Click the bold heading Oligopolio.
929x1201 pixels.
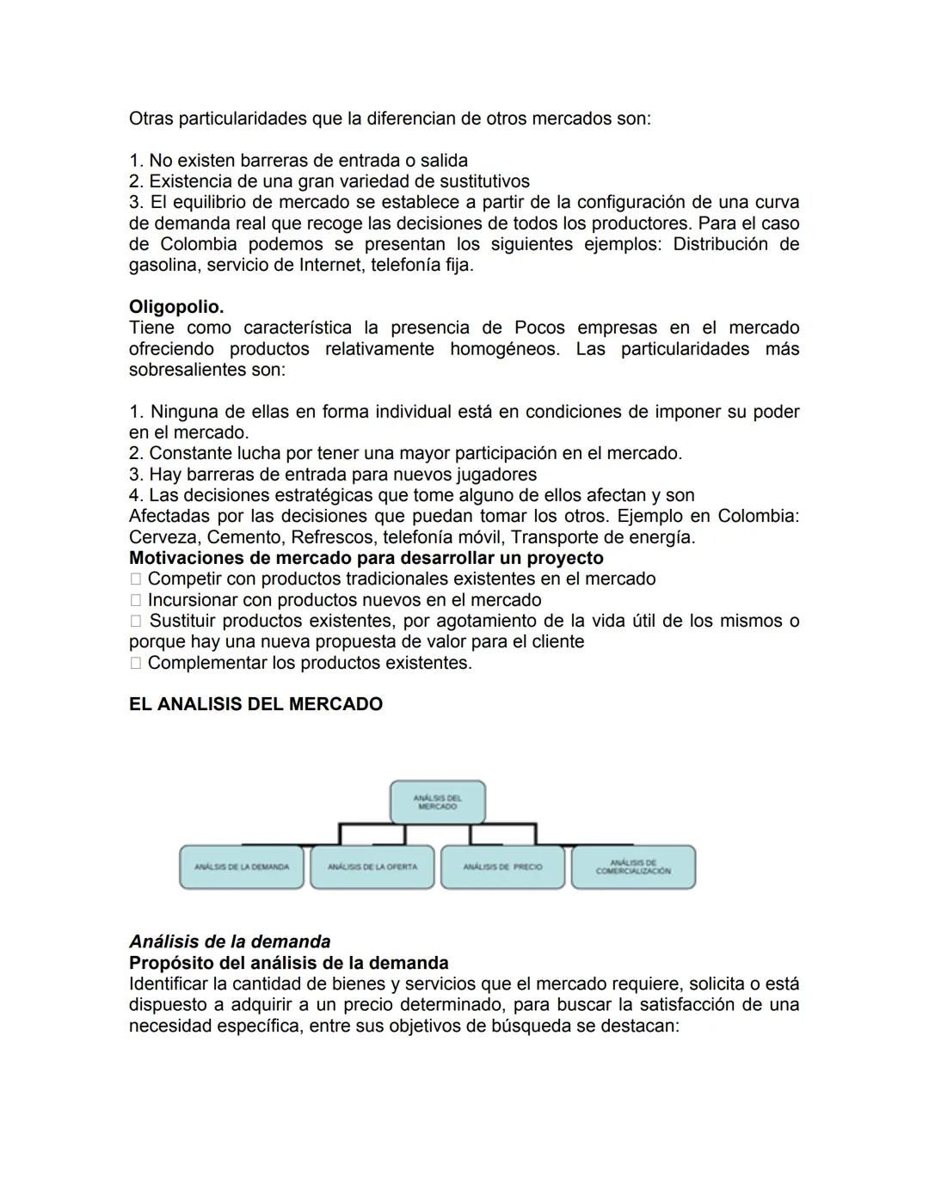point(175,307)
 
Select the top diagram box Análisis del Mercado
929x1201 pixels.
point(437,802)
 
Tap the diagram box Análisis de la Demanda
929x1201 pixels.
point(242,867)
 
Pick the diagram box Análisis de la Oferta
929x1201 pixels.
point(372,867)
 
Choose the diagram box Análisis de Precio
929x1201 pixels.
point(502,867)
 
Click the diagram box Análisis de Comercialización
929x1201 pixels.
point(633,867)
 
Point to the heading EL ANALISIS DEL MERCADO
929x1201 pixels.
point(255,704)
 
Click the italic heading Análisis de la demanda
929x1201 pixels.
point(230,941)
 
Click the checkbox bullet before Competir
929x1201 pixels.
point(135,579)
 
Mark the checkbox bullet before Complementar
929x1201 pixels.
point(135,664)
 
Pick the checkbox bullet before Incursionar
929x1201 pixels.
point(135,601)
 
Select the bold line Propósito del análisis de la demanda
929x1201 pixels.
point(288,963)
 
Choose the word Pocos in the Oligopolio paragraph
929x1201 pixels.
point(539,328)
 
